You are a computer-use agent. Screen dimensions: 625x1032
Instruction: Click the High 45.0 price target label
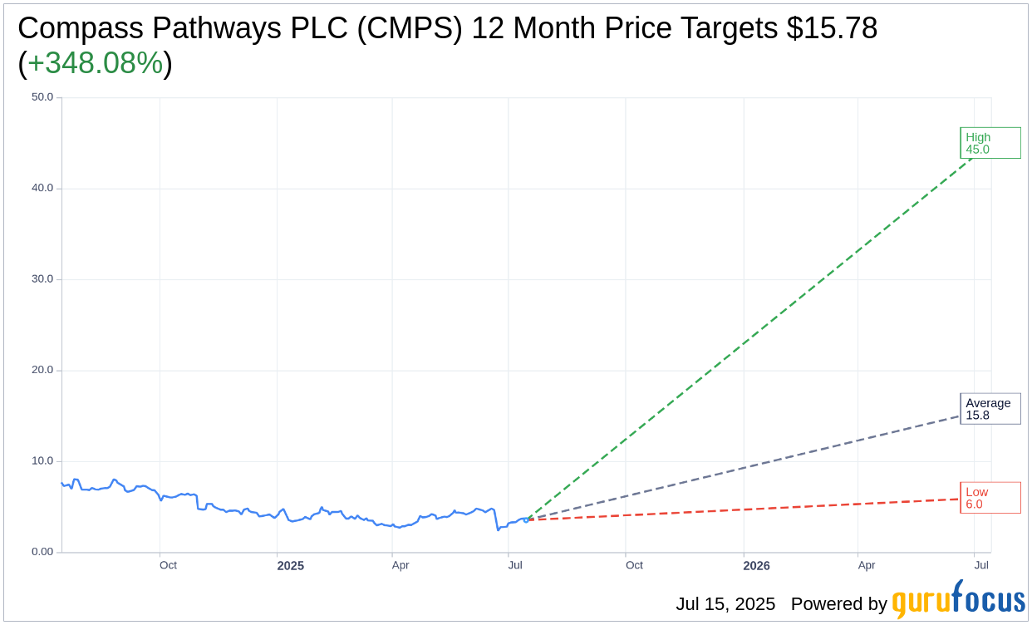point(990,143)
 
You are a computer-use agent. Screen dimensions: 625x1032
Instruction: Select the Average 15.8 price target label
point(990,409)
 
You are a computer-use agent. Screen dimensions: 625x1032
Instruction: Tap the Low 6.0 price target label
point(990,498)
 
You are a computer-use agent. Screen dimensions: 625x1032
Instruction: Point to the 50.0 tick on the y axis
point(42,97)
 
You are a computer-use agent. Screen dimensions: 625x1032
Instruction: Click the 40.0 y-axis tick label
point(42,188)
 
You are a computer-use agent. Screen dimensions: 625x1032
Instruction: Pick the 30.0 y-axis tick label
point(42,279)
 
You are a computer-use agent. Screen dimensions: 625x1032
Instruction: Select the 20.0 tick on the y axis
point(42,370)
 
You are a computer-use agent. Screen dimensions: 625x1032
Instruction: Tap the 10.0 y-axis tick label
point(42,461)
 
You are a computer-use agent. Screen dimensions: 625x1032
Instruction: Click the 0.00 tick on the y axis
point(42,552)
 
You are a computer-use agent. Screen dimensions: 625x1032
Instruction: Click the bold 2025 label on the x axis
point(290,566)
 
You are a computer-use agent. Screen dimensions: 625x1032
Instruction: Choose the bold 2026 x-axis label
point(756,566)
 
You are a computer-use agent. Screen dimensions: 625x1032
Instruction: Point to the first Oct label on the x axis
point(168,565)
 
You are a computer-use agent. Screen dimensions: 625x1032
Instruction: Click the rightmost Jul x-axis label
point(981,565)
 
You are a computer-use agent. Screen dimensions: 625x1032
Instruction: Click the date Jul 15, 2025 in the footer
point(725,604)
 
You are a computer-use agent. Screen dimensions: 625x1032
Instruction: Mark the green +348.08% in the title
point(95,63)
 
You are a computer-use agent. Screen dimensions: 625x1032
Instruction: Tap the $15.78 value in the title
point(833,28)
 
